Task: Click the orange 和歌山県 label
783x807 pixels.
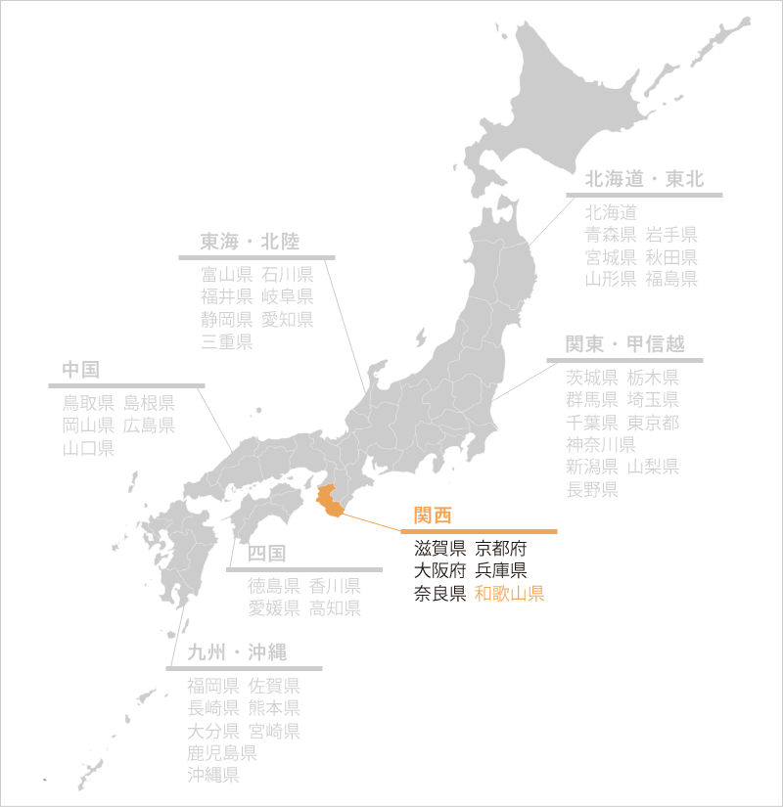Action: coord(509,594)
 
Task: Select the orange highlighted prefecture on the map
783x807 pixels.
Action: coord(332,498)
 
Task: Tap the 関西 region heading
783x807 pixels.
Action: coord(433,516)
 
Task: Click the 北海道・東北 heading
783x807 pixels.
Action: coord(644,180)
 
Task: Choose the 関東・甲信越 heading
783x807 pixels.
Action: coord(624,344)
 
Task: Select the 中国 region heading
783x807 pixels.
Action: coord(81,370)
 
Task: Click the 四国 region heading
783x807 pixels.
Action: coord(267,554)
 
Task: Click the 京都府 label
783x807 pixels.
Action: coord(500,549)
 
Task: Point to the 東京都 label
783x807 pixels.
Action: coord(653,423)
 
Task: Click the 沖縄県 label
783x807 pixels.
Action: coord(213,776)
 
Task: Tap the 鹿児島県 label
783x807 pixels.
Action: coord(222,753)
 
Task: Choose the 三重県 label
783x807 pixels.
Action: coord(227,341)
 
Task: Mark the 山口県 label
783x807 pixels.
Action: coord(88,448)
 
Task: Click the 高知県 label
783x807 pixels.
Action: coord(335,608)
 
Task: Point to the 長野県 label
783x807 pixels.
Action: coord(591,489)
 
